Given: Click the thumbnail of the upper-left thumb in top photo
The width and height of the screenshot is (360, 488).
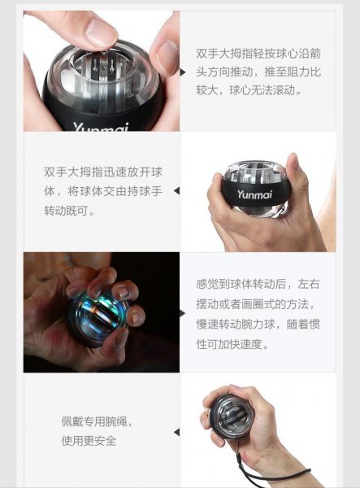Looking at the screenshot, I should click(x=102, y=31).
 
